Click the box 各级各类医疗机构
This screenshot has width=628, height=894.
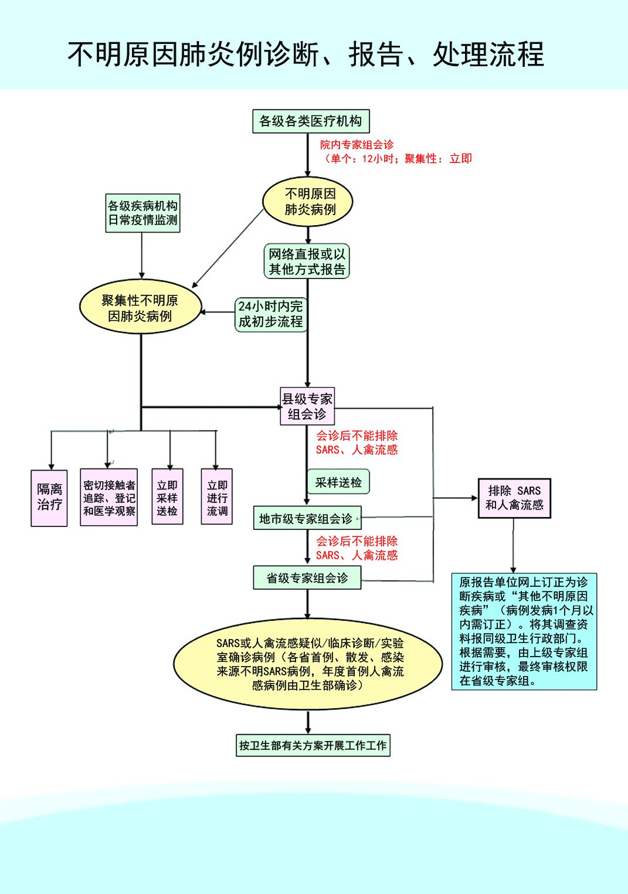(311, 121)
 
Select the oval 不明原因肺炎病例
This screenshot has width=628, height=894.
(308, 202)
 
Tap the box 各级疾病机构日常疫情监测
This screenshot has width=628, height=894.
(142, 213)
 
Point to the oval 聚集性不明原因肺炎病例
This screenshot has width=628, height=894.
(140, 308)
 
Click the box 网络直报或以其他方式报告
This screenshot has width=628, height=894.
(307, 261)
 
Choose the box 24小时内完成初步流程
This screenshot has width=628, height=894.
(271, 314)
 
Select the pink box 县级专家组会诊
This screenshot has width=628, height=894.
(307, 406)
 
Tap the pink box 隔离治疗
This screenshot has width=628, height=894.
(49, 498)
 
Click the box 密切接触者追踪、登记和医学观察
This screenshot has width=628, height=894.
(109, 498)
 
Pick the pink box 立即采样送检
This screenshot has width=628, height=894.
(167, 498)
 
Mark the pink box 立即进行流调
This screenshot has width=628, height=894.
(217, 498)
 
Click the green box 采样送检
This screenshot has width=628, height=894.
(338, 482)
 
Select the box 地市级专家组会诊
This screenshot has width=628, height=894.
(307, 518)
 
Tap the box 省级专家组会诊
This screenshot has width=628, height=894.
(307, 578)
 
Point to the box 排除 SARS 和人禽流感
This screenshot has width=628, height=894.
(514, 498)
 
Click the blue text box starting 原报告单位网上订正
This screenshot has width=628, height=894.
(524, 631)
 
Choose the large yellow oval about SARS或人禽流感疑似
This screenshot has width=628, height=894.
(308, 664)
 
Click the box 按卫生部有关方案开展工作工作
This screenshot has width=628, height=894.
(313, 746)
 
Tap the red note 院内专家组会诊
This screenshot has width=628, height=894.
(357, 145)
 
